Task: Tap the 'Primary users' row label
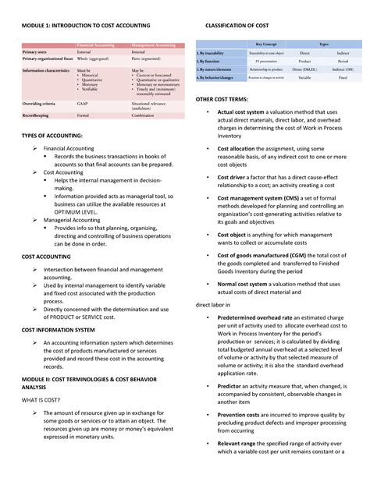point(35,52)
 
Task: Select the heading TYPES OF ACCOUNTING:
point(52,136)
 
